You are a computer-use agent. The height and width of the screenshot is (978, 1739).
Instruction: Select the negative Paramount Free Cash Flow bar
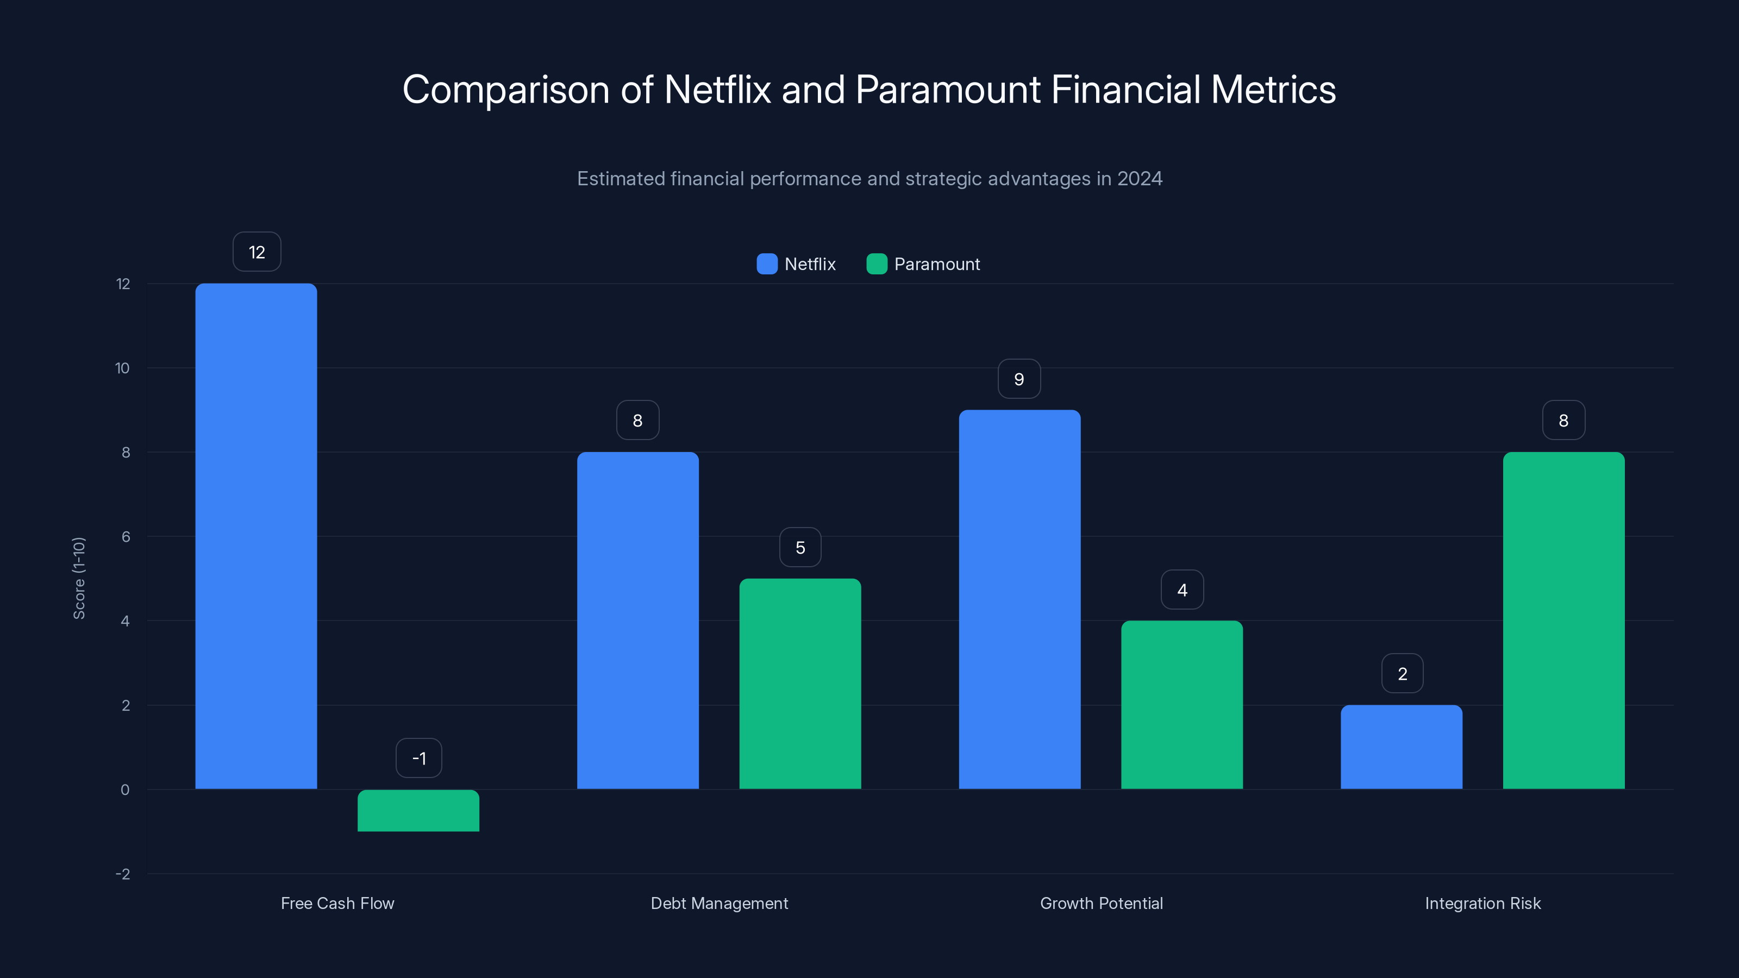pos(418,810)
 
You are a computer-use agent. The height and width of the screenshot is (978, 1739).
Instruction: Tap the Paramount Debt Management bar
pos(800,683)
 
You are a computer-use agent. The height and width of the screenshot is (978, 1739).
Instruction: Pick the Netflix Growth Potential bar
pos(1019,599)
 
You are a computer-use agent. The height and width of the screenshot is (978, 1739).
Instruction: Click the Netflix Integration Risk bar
pos(1402,747)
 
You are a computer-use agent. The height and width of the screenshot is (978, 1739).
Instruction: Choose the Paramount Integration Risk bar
pos(1563,620)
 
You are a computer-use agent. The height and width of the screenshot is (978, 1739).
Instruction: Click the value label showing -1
pos(418,758)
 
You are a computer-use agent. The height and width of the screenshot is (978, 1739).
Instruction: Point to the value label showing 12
pos(257,252)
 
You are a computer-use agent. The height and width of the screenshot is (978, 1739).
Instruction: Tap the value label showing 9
pos(1019,379)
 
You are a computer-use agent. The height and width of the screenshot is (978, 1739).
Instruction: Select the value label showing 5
pos(800,547)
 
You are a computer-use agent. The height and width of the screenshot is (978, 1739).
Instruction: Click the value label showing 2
pos(1402,674)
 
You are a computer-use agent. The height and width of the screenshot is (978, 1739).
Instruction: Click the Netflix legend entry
pos(797,264)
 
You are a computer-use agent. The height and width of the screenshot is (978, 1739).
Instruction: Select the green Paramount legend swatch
pos(876,264)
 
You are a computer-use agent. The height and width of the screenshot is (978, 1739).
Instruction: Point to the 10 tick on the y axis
pos(122,368)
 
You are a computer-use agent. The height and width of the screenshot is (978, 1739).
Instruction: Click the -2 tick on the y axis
pos(122,873)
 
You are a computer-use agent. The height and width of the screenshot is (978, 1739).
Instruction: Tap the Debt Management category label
pos(719,903)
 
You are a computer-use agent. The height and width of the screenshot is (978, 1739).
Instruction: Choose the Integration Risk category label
pos(1482,903)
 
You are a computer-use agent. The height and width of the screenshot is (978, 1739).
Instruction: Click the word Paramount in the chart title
pos(947,89)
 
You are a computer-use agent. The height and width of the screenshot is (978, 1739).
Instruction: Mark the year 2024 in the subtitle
pos(1140,178)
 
